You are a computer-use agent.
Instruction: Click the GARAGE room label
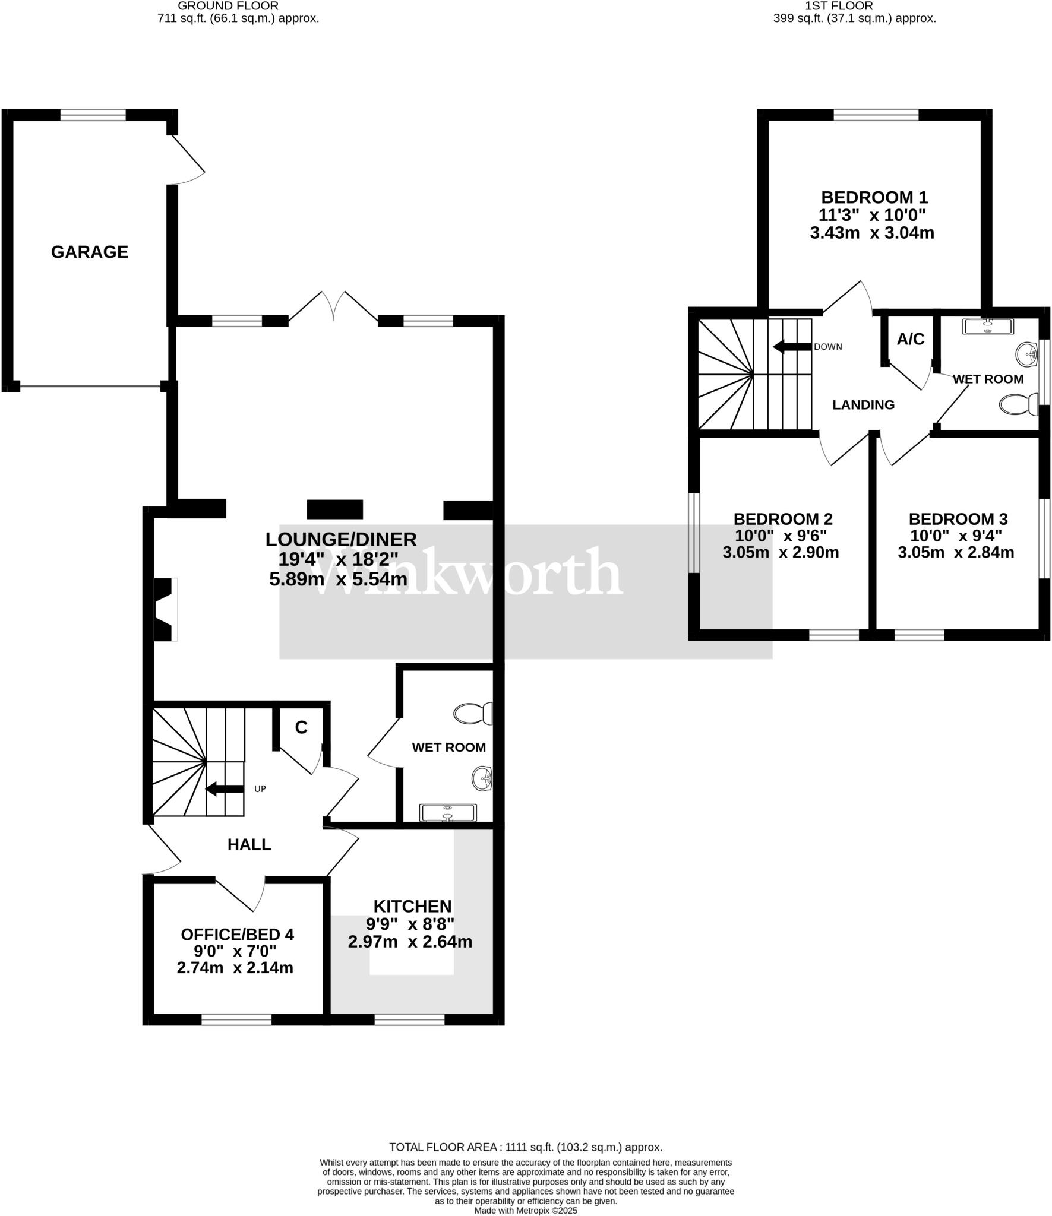90,252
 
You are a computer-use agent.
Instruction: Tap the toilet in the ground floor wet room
473,713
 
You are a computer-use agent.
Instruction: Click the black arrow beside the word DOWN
791,347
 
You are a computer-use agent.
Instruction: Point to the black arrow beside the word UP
225,788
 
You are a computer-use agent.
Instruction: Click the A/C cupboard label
910,339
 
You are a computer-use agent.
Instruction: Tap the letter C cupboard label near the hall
301,727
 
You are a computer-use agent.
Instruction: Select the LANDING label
863,405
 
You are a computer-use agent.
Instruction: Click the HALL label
249,844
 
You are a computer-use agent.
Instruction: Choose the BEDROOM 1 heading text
874,197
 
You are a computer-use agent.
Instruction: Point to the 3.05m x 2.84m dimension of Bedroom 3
955,552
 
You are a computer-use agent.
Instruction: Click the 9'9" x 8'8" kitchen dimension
410,924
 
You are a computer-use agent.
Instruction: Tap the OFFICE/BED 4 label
237,935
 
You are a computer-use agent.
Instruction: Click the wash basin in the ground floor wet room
483,779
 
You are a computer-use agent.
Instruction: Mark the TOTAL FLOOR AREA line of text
525,1148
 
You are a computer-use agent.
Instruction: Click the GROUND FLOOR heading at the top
228,6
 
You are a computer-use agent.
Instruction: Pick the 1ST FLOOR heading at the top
839,6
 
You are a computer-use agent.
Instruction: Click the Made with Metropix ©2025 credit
525,1211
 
